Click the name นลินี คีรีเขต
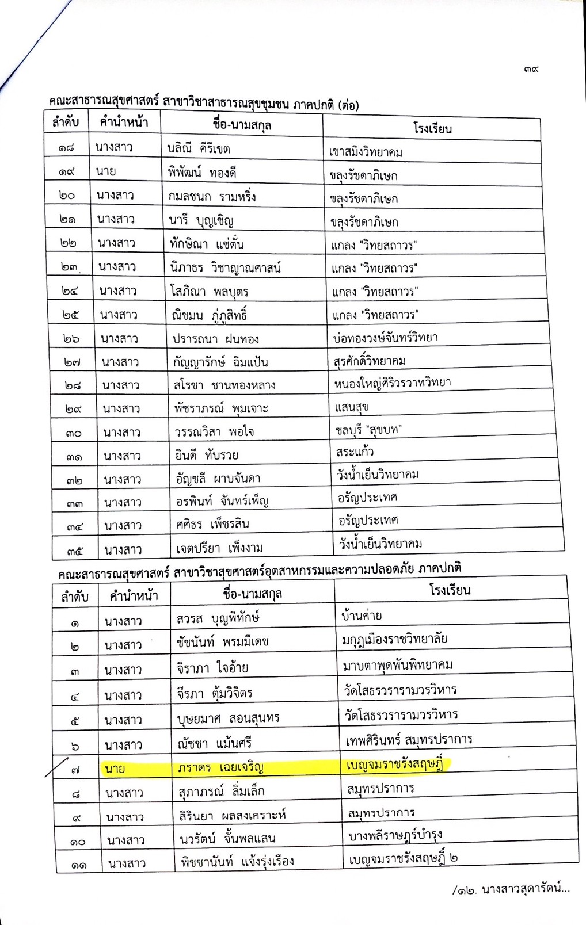click(x=199, y=148)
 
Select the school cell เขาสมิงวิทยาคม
click(x=366, y=152)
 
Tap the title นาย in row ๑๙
click(x=106, y=171)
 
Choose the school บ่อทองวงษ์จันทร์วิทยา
click(x=386, y=338)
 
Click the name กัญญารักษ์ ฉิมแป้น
click(x=221, y=362)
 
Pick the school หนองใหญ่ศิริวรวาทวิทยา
click(x=393, y=383)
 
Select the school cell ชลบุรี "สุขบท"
click(x=368, y=430)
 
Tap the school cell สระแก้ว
click(x=355, y=452)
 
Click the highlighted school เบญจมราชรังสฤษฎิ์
click(x=397, y=766)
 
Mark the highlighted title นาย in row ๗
click(x=115, y=769)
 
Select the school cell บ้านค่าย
click(x=362, y=616)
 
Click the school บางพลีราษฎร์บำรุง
click(x=395, y=835)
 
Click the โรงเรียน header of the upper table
click(x=432, y=128)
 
